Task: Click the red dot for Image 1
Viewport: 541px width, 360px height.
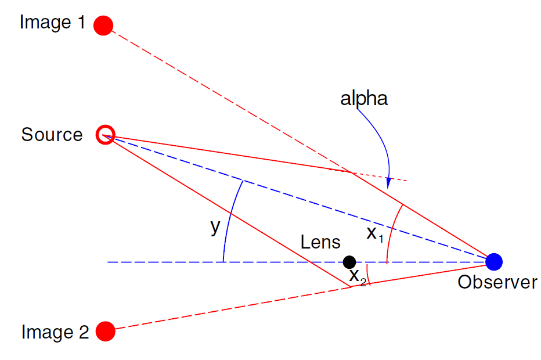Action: point(103,26)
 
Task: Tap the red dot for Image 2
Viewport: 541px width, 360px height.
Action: point(105,332)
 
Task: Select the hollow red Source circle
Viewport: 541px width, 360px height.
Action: point(106,135)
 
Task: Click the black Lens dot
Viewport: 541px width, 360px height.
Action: point(349,262)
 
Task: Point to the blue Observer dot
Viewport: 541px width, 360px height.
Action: point(493,262)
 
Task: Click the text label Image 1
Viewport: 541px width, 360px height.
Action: point(52,23)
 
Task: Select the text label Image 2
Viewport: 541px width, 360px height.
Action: point(55,332)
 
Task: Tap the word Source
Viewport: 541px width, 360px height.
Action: point(52,135)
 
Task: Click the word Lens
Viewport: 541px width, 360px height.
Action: point(320,242)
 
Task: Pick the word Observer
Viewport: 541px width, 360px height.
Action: point(497,282)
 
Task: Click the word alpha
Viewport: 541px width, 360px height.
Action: point(364,99)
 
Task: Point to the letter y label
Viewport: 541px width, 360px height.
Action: point(215,226)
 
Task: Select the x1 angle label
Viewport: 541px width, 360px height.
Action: point(375,234)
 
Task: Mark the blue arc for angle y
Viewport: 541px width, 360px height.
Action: point(228,221)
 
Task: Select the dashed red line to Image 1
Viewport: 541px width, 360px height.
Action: point(226,99)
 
